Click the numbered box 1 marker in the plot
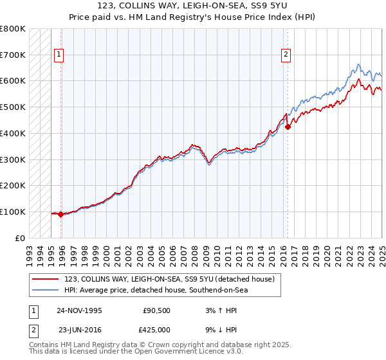(x=59, y=55)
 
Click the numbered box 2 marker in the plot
(x=285, y=55)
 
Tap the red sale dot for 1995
(x=60, y=215)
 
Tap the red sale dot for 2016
(x=288, y=127)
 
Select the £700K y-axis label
(x=13, y=55)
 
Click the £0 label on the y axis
(x=20, y=238)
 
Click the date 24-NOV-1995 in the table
(x=79, y=310)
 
